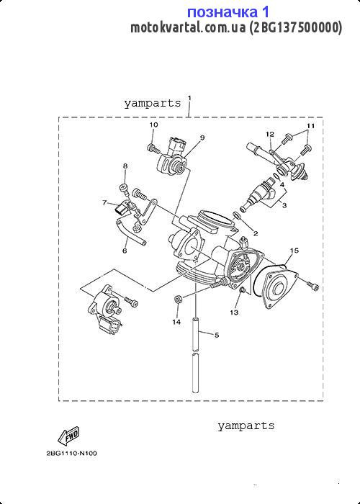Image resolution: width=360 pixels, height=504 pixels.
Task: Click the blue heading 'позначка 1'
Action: pos(228,12)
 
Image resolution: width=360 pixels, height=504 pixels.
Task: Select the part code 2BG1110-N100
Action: pos(71,454)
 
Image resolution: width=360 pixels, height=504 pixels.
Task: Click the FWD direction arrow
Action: pos(69,435)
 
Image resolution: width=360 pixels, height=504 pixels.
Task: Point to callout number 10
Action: pos(153,125)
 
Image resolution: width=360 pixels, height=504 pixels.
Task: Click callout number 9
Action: pos(202,138)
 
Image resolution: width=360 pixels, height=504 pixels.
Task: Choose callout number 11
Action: pos(310,126)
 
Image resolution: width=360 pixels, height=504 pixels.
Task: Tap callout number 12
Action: pos(271,134)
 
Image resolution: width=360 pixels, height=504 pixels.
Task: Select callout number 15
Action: pos(294,250)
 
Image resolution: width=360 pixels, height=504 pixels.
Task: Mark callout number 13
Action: pos(234,312)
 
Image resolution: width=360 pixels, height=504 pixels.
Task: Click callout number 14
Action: pos(176,322)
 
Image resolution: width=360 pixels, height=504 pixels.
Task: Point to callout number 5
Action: pos(217,335)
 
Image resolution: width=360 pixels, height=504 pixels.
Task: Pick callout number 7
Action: pos(104,202)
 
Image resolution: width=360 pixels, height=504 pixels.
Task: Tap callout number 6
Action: pos(125,251)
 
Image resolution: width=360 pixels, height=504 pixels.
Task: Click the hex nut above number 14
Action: pos(177,299)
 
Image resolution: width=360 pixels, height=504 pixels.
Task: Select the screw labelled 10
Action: pos(153,148)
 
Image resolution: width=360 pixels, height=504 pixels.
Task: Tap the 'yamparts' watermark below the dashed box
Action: pos(246,426)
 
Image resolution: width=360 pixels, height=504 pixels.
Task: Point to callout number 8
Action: pos(125,166)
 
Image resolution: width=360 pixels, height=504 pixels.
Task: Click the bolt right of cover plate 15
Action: pos(312,285)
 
